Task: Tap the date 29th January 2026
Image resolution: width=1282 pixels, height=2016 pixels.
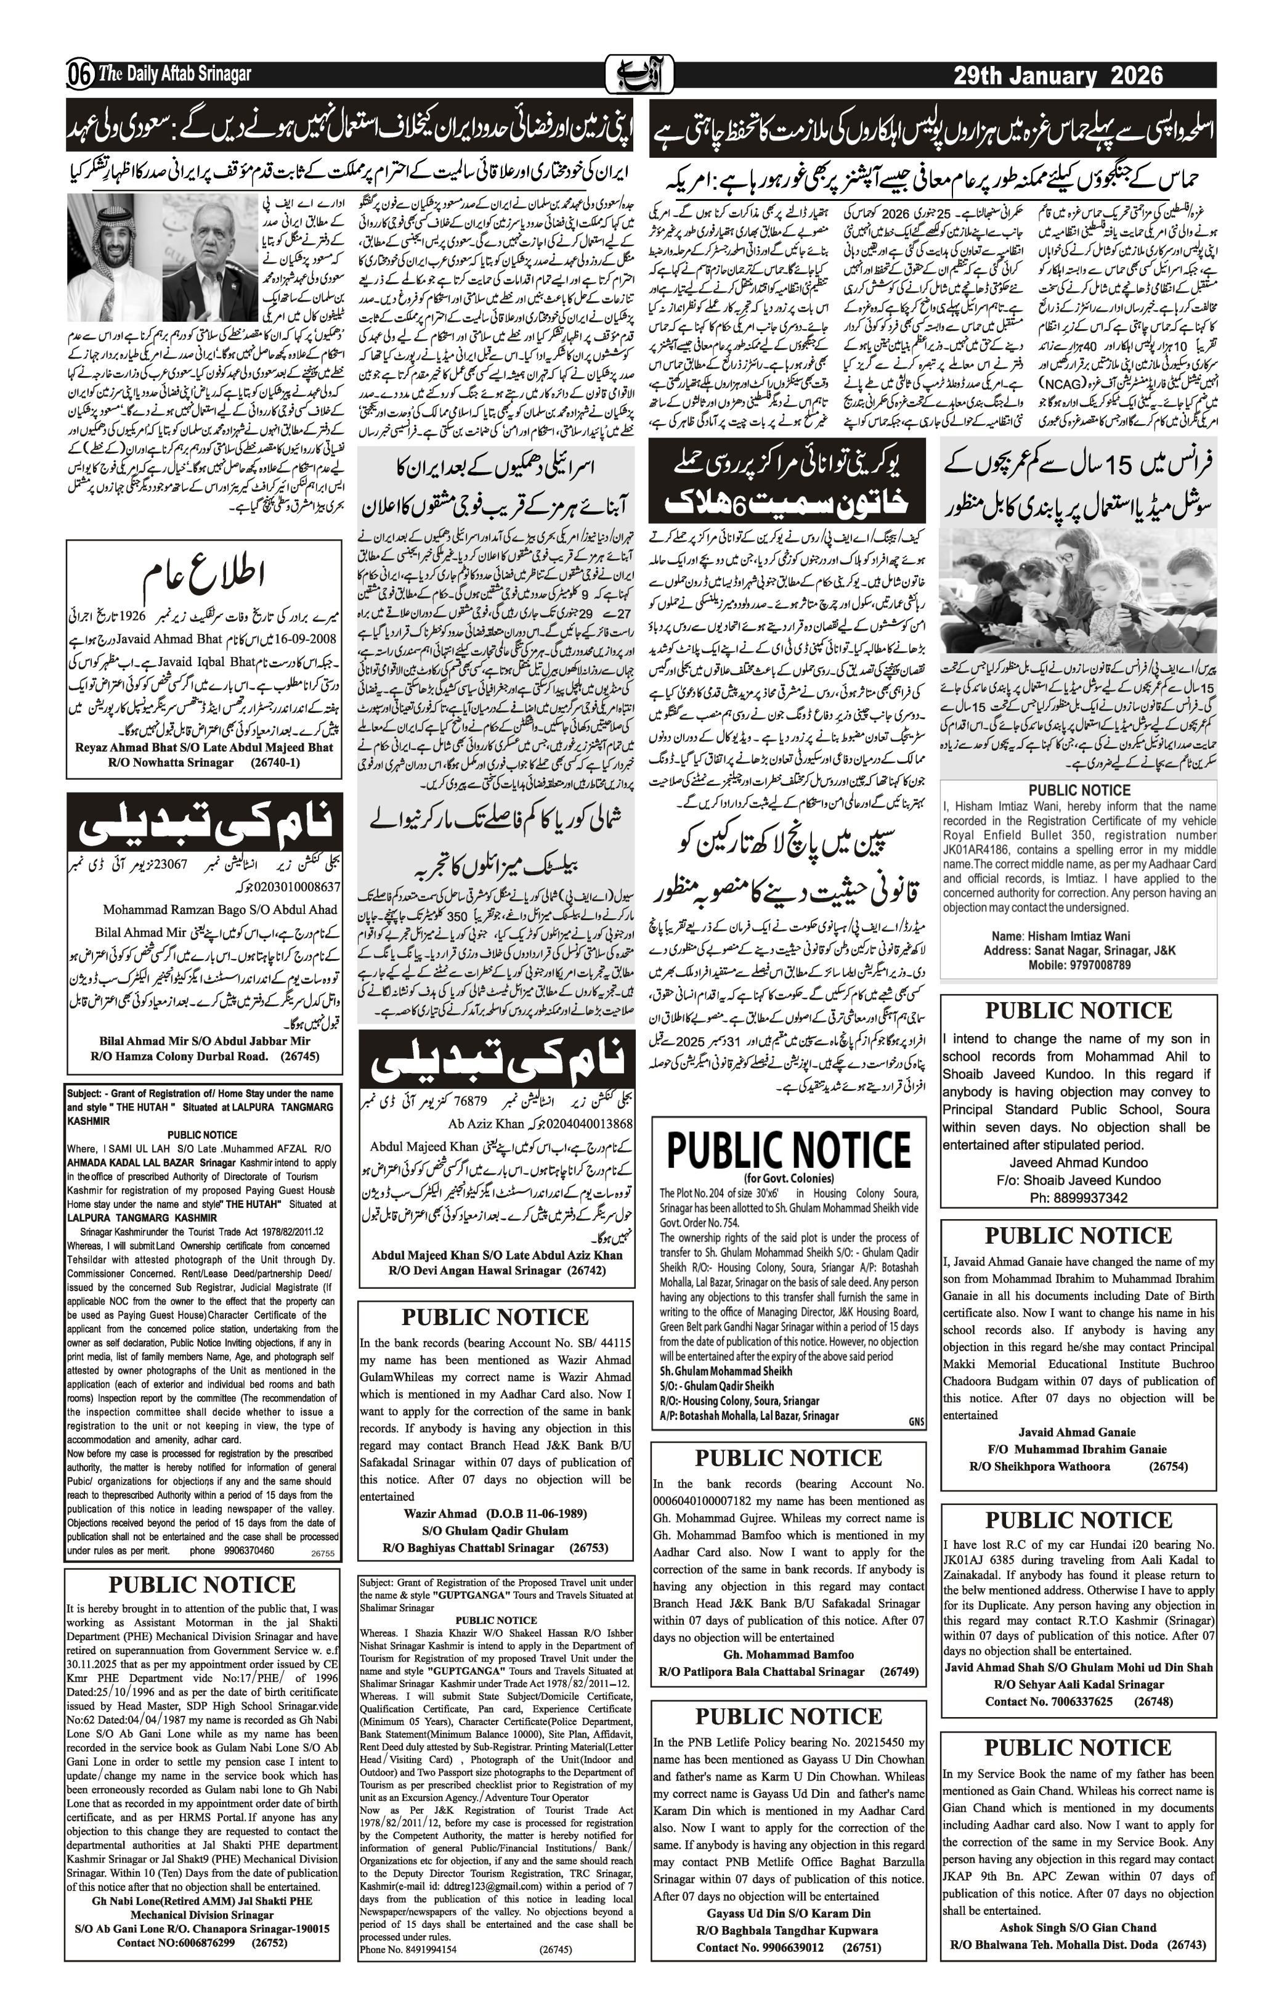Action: point(1058,76)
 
